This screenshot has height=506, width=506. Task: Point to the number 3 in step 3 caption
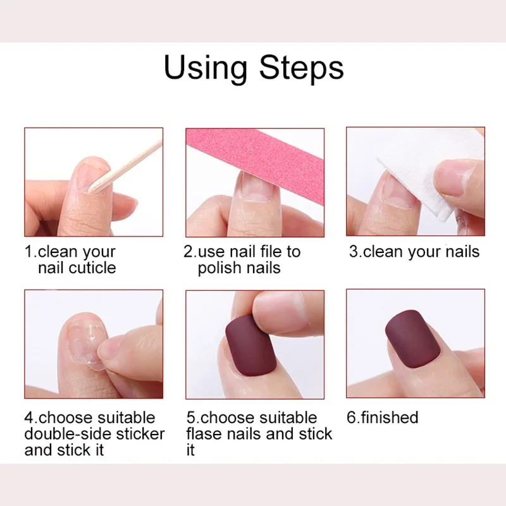click(x=354, y=251)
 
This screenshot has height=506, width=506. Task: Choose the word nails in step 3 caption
click(x=461, y=251)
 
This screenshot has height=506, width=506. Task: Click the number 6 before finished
click(x=350, y=417)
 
